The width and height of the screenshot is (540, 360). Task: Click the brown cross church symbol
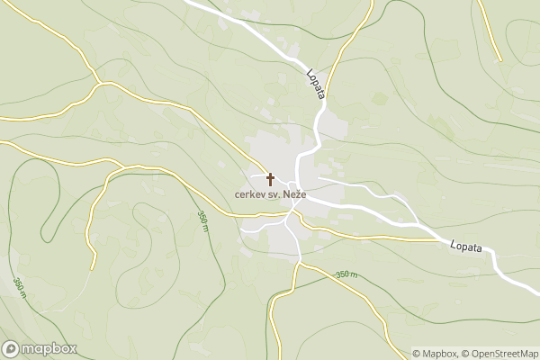[x=269, y=179]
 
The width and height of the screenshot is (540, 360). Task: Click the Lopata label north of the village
[x=315, y=84]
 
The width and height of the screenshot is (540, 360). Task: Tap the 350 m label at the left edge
[x=19, y=284]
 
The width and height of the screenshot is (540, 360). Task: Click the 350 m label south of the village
[x=346, y=274]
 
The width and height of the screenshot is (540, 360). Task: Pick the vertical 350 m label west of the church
[x=203, y=221]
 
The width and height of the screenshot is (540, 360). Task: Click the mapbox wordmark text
[x=49, y=349]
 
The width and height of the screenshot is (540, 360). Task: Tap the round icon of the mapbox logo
[x=11, y=349]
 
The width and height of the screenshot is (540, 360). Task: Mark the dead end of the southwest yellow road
[x=94, y=267]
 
